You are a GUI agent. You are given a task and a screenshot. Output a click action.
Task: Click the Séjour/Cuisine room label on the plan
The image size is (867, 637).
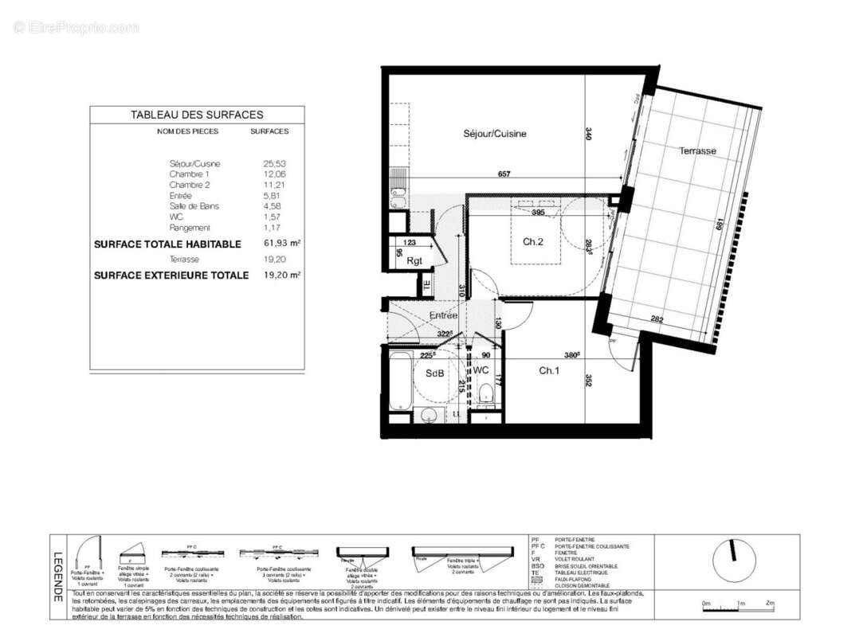click(x=494, y=134)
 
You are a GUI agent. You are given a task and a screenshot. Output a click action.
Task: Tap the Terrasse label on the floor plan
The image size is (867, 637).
click(x=697, y=150)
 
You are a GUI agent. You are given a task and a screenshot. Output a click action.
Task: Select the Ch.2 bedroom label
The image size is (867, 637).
click(x=533, y=242)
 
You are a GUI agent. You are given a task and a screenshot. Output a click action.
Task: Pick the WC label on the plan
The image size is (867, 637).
click(x=481, y=371)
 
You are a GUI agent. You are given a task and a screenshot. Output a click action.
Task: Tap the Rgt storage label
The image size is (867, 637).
click(x=414, y=260)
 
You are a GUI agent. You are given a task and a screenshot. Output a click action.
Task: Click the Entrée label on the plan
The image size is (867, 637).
click(x=443, y=315)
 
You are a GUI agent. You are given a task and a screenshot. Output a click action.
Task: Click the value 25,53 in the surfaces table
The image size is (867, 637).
click(x=274, y=163)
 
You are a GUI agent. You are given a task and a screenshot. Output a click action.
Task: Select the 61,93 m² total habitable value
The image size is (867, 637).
click(x=282, y=244)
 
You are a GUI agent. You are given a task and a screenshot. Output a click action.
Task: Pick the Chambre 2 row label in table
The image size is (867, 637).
click(x=190, y=185)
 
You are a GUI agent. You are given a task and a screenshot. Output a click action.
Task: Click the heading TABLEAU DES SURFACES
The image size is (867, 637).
click(x=197, y=115)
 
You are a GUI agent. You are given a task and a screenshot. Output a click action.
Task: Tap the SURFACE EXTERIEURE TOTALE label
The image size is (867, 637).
click(x=171, y=276)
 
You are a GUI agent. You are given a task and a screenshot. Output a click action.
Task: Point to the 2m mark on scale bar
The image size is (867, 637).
click(x=769, y=604)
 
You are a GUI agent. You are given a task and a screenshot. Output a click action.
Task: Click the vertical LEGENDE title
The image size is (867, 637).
click(x=57, y=577)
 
